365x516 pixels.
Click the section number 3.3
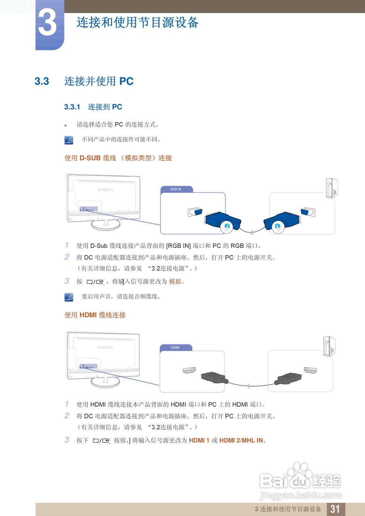(x=42, y=81)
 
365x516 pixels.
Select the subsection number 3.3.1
(x=73, y=107)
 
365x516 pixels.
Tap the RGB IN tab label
(x=176, y=189)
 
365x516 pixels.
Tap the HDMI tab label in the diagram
(x=175, y=347)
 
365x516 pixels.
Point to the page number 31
(x=335, y=509)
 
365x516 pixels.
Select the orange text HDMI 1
(x=199, y=440)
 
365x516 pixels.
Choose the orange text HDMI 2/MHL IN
(x=241, y=440)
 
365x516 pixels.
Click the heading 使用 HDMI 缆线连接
(x=95, y=315)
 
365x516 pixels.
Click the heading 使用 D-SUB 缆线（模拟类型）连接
(x=118, y=158)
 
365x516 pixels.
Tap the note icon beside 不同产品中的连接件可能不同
(x=69, y=140)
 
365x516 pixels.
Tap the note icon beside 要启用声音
(x=69, y=297)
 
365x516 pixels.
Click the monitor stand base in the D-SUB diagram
(x=105, y=225)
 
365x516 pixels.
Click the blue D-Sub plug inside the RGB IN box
(x=222, y=221)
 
